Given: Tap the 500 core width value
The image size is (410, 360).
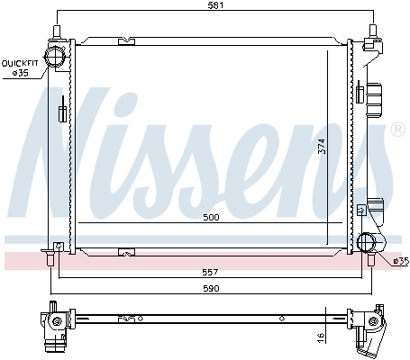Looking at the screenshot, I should pos(210,217).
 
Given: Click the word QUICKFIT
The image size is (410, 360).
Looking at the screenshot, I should pos(20,63).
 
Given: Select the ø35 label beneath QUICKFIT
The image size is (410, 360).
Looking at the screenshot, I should pos(20,74).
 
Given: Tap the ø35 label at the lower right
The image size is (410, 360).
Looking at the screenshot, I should pos(399,261).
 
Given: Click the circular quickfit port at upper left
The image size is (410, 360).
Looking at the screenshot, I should pos(58,57).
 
